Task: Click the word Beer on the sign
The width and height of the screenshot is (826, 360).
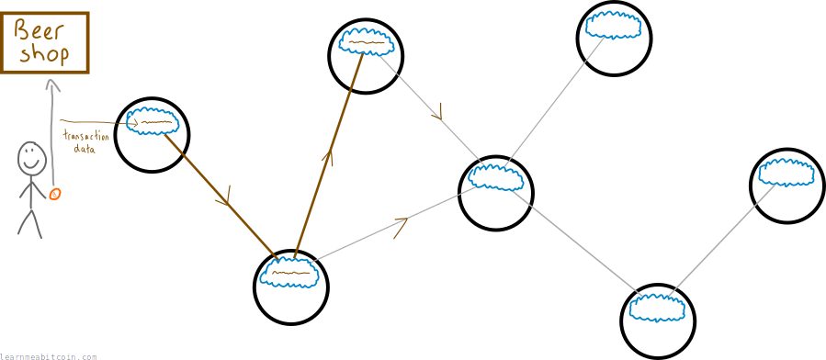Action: point(39,31)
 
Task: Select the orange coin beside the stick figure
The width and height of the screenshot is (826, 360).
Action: point(55,194)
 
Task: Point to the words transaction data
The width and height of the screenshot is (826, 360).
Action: point(85,142)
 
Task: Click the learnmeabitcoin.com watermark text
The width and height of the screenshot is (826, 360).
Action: point(49,356)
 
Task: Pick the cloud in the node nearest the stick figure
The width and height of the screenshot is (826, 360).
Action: point(153,122)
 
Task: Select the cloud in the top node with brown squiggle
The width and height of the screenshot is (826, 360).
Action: point(367,41)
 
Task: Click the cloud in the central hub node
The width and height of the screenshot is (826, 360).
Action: point(496,176)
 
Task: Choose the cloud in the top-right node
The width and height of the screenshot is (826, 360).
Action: point(614,25)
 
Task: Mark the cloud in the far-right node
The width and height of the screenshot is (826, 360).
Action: point(786,172)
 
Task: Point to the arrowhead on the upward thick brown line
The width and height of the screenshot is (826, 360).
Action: point(330,156)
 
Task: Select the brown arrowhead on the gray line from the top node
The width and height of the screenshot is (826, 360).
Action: point(436,112)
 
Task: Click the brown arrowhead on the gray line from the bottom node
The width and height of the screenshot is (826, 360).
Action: point(402,227)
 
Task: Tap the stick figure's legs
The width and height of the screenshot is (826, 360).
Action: point(29,224)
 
